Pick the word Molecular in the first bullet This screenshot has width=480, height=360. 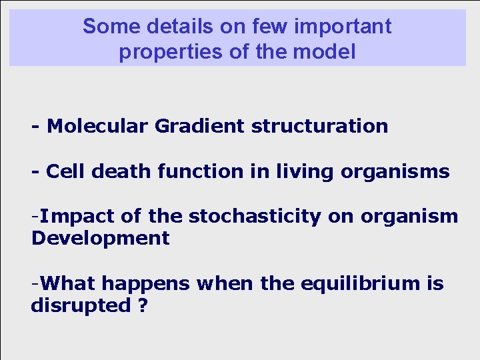click(x=99, y=126)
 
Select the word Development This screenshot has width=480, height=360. click(x=100, y=238)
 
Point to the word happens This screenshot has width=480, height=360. click(x=146, y=285)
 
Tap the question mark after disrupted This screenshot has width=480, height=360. click(x=143, y=306)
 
